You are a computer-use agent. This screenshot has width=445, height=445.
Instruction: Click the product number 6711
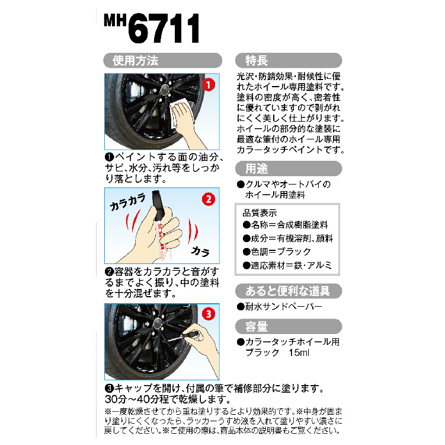click(164, 28)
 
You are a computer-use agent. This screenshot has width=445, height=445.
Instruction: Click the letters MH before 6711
click(115, 20)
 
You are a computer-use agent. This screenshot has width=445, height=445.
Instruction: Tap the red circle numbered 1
click(209, 85)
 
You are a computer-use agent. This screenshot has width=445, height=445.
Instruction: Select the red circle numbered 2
click(209, 199)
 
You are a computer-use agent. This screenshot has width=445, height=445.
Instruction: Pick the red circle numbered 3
click(209, 314)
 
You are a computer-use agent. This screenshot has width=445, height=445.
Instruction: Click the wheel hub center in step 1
click(164, 90)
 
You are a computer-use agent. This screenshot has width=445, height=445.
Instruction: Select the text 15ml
click(299, 352)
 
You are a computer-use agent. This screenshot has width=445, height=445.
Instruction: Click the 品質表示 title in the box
click(260, 213)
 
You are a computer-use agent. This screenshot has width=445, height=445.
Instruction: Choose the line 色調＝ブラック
click(277, 252)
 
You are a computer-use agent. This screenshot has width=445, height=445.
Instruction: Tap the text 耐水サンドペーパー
click(280, 307)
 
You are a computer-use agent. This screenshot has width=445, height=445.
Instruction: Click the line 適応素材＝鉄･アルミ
click(287, 265)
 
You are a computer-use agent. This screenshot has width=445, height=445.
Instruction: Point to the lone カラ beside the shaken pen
click(200, 251)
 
